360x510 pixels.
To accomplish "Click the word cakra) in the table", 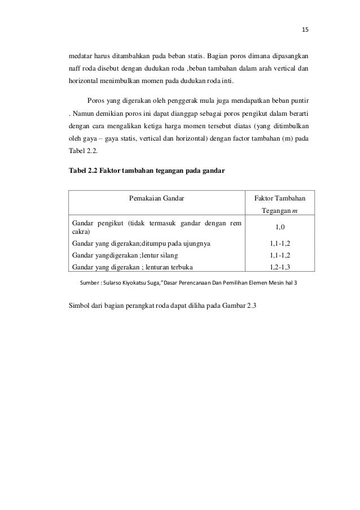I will coord(77,232).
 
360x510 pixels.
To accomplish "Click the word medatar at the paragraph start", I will coord(82,57).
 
